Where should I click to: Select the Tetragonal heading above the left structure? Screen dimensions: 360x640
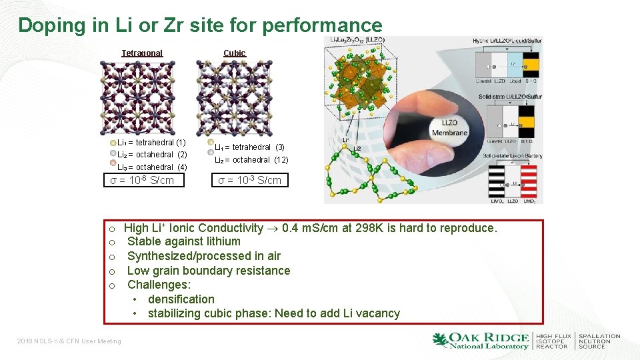[x=142, y=53]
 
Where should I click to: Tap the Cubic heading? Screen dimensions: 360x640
[x=234, y=53]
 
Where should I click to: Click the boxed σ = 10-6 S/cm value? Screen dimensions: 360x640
[x=141, y=180]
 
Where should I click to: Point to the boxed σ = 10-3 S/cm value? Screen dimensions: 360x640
[x=250, y=180]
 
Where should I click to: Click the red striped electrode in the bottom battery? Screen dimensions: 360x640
[x=529, y=180]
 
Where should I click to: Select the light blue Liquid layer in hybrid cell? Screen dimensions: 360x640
[x=513, y=67]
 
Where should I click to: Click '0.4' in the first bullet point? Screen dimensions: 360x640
[x=291, y=228]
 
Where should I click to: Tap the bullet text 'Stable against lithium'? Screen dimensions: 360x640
[x=184, y=241]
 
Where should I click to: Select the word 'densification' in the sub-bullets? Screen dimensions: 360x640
[x=181, y=299]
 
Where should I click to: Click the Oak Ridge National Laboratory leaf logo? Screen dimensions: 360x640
[x=440, y=340]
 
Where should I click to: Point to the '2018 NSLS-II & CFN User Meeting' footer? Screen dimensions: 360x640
[x=69, y=341]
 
